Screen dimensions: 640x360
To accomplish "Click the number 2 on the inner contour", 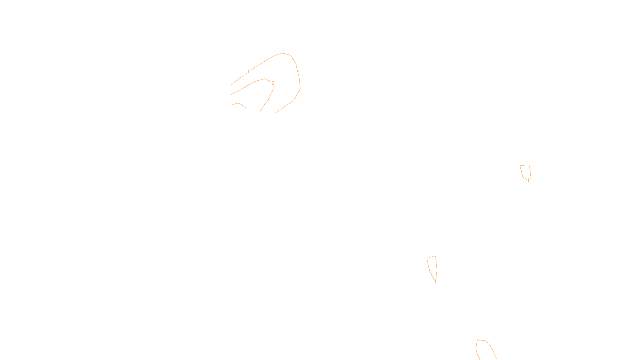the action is point(273,83).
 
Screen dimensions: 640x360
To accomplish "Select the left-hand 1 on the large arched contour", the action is point(248,72).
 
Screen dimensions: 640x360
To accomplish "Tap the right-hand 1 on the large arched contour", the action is point(298,73).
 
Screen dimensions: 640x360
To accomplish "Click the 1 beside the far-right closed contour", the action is point(528,180).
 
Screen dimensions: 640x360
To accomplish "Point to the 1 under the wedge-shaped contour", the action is point(435,282).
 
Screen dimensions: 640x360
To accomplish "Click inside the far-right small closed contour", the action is point(526,172).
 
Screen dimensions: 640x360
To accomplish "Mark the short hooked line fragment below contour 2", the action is point(240,105).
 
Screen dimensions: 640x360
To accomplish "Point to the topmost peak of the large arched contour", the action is point(283,53).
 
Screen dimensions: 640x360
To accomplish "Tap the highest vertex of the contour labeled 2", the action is point(265,78).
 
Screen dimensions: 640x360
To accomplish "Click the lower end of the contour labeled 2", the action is point(260,111).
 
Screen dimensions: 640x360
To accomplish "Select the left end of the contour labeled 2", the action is point(231,94).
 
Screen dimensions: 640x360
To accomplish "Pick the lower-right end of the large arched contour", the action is point(277,112).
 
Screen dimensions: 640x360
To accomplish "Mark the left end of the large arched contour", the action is point(231,85).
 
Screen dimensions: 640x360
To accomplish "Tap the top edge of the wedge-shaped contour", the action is point(431,257).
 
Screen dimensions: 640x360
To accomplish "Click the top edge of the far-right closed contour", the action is point(525,165).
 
